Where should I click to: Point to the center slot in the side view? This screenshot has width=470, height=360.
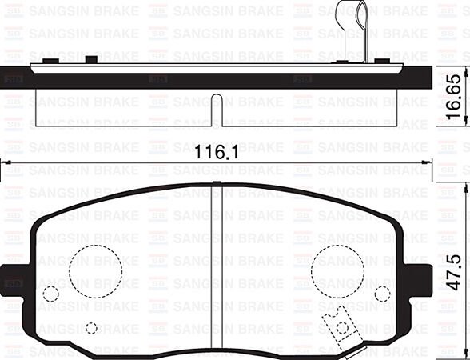[217, 110]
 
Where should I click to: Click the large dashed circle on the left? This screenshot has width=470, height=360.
[95, 268]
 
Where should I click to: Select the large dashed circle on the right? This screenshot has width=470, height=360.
[337, 268]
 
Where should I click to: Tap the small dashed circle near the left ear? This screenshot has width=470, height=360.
[50, 294]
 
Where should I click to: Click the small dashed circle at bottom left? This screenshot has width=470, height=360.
[91, 328]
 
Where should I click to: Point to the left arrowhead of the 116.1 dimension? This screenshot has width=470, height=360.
[5, 162]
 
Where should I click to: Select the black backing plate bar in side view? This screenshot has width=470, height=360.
[217, 79]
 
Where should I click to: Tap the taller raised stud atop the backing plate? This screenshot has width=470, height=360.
[90, 59]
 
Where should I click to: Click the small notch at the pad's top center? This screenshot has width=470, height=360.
[217, 184]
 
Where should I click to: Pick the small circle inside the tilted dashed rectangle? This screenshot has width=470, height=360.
[343, 326]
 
